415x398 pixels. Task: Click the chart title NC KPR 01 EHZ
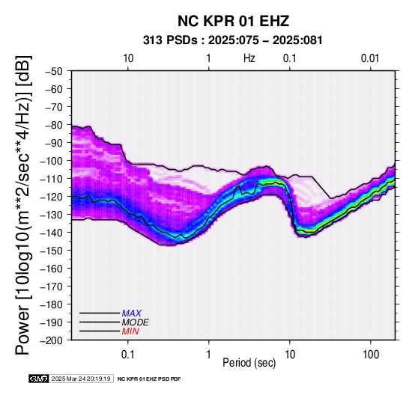233,21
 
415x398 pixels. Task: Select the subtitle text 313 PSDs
171,40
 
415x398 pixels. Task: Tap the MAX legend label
132,313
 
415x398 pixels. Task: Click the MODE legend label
136,322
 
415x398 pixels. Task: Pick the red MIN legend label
130,331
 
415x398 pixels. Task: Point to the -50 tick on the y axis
54,71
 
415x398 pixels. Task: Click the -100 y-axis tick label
52,161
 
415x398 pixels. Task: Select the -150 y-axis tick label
52,251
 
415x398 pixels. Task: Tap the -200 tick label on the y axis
52,340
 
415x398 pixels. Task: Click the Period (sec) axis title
249,363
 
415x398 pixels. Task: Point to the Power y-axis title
23,205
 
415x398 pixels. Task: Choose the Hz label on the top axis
249,58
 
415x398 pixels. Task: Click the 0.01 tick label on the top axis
370,58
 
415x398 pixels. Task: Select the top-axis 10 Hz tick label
128,58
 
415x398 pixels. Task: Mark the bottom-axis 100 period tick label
371,355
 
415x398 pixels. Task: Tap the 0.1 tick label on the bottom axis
128,355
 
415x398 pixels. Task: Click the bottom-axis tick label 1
209,355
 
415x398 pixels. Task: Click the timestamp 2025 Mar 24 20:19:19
81,379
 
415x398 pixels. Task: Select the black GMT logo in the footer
39,379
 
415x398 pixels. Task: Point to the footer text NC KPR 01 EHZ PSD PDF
149,379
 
